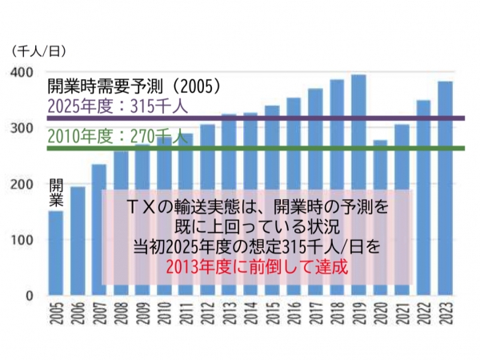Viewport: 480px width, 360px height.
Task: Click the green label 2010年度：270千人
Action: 117,137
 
